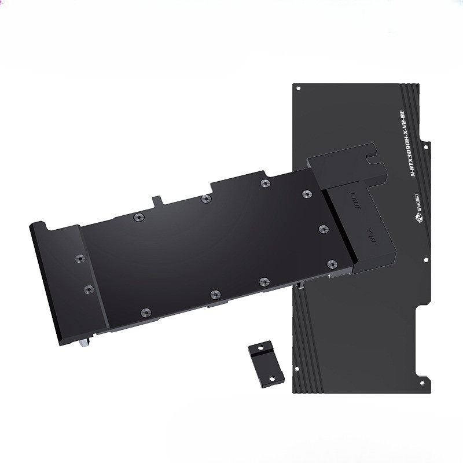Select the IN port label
pos(370,237)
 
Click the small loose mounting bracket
pos(266,363)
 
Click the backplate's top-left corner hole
pos(298,89)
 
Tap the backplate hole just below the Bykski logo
pos(425,258)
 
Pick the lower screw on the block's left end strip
pos(87,288)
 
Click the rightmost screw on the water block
pos(332,264)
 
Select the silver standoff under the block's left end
pos(85,343)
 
